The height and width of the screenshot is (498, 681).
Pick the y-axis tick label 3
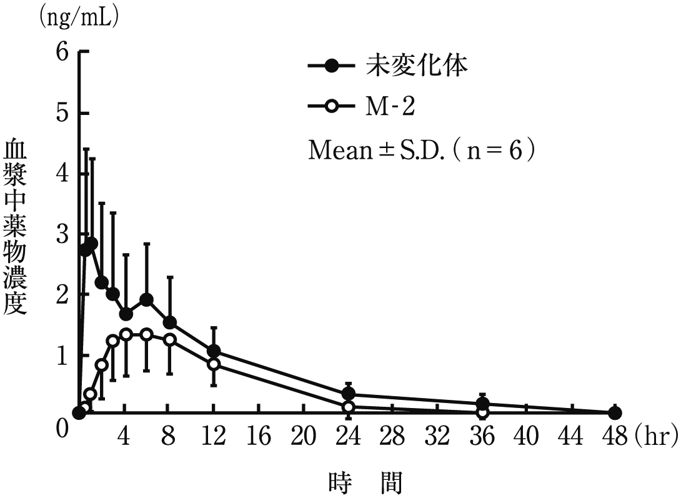pyautogui.click(x=61, y=234)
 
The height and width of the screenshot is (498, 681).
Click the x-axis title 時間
pyautogui.click(x=365, y=483)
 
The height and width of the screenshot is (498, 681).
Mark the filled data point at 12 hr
pyautogui.click(x=214, y=351)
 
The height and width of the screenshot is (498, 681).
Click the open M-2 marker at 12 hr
pyautogui.click(x=214, y=364)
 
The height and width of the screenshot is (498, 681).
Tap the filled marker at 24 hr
pyautogui.click(x=348, y=394)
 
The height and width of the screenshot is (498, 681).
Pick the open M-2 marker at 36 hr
pyautogui.click(x=482, y=412)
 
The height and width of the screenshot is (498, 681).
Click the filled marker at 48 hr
pyautogui.click(x=615, y=413)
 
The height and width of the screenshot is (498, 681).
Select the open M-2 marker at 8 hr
pyautogui.click(x=169, y=340)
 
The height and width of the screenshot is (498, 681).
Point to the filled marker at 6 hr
pyautogui.click(x=147, y=300)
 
